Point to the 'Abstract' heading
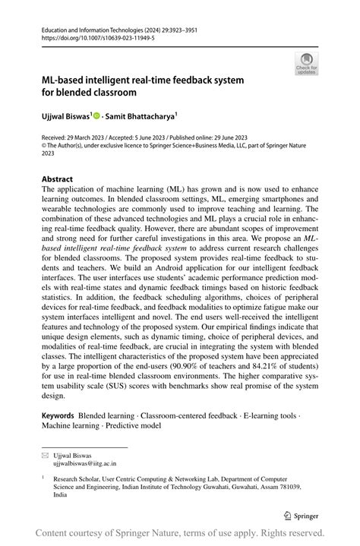click(x=58, y=180)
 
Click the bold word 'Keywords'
click(x=58, y=416)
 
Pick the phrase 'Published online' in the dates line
click(x=214, y=139)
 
